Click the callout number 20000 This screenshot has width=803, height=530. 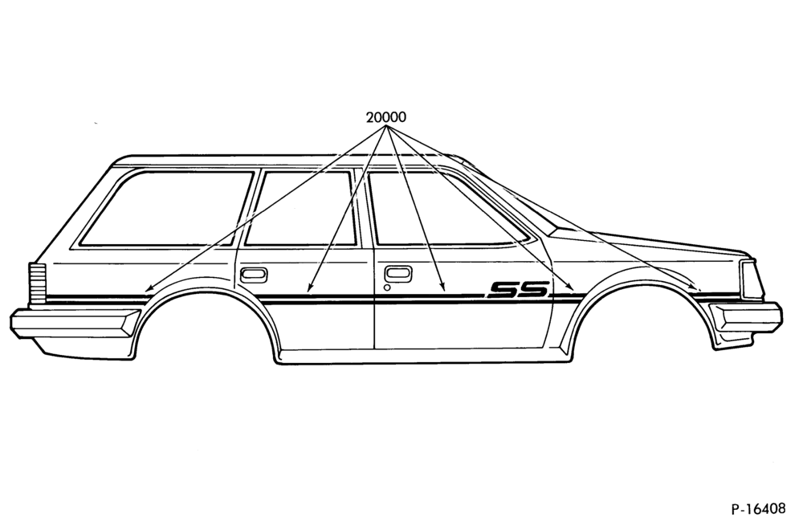385,117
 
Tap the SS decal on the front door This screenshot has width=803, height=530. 518,290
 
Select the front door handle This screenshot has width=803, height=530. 398,274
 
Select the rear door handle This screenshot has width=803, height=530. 254,275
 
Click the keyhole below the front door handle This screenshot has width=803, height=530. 387,287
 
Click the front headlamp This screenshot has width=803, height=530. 752,279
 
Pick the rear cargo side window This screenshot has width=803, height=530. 167,209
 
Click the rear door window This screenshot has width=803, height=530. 301,209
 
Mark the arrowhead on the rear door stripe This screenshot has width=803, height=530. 308,289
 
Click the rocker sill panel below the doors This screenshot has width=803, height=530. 425,357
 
